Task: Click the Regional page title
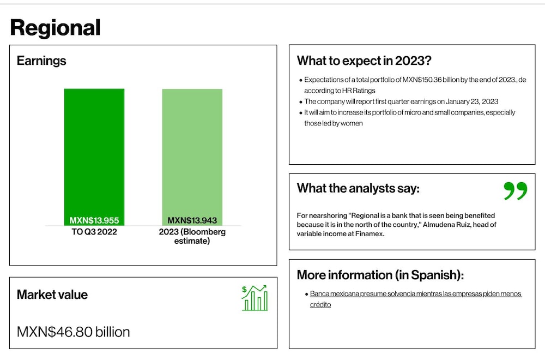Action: pyautogui.click(x=55, y=28)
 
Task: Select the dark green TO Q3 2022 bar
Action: pyautogui.click(x=94, y=157)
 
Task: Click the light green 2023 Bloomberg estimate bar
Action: pyautogui.click(x=192, y=157)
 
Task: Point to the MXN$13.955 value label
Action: pyautogui.click(x=94, y=220)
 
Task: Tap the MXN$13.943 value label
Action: pyautogui.click(x=192, y=220)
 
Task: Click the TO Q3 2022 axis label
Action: pyautogui.click(x=94, y=232)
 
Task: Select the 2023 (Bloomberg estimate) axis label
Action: pyautogui.click(x=192, y=236)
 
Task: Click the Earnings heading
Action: pyautogui.click(x=41, y=61)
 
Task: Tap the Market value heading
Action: pyautogui.click(x=52, y=295)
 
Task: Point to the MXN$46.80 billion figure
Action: pyautogui.click(x=74, y=332)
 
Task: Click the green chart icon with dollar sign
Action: pyautogui.click(x=255, y=298)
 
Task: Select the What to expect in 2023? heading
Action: pyautogui.click(x=364, y=61)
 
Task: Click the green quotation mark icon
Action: pyautogui.click(x=516, y=190)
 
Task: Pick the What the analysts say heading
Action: pyautogui.click(x=358, y=188)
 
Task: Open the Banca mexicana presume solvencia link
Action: pyautogui.click(x=416, y=299)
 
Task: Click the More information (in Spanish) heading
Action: pyautogui.click(x=380, y=275)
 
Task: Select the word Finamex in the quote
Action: pyautogui.click(x=370, y=234)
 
